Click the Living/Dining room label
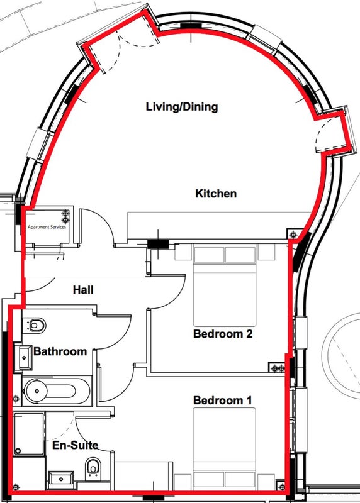point(182,107)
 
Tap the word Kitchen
point(216,194)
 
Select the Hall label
point(83,290)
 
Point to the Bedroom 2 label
point(223,334)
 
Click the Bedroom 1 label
point(223,401)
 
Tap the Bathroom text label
point(60,351)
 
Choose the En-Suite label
point(75,445)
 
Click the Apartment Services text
point(47,227)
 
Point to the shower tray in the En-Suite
point(28,434)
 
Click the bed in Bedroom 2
point(225,285)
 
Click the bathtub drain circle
point(37,391)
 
